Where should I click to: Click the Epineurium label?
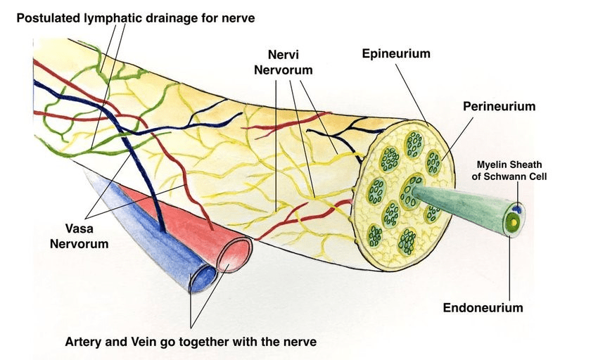click(x=396, y=53)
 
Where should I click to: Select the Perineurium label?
click(x=499, y=106)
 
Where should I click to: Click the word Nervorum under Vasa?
click(x=83, y=244)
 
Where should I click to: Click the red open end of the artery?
click(x=233, y=256)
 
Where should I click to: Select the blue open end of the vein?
click(x=198, y=278)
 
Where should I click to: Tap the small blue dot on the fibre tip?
click(x=516, y=208)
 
